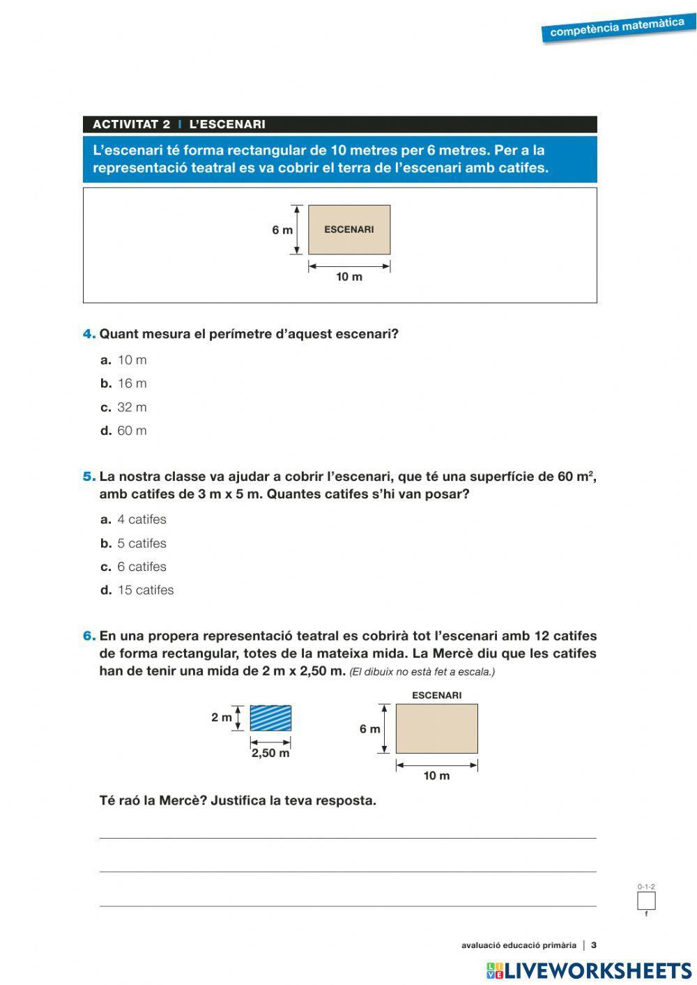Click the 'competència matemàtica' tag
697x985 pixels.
coord(617,28)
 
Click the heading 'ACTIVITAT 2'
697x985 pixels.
coord(131,125)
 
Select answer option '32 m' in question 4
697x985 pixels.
coord(132,407)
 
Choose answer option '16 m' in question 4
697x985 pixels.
coord(132,383)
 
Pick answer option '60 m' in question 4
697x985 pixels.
coord(132,431)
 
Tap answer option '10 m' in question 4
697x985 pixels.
coord(132,360)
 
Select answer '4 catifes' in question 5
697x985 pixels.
coord(141,519)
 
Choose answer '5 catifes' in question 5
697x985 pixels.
coord(141,543)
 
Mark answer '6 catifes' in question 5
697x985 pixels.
coord(141,567)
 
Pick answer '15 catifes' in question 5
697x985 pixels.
coord(145,590)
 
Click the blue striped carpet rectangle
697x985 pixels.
coord(270,718)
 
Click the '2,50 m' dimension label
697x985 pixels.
coord(270,754)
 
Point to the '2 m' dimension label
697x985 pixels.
coord(222,717)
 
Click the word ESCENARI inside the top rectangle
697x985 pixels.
coord(348,229)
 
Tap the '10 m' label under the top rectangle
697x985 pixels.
coord(349,277)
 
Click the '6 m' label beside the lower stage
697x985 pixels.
coord(369,729)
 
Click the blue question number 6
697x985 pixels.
coord(89,636)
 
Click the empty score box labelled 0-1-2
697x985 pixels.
coord(646,901)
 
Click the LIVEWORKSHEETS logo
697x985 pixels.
coord(589,970)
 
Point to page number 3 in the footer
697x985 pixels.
coord(594,945)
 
